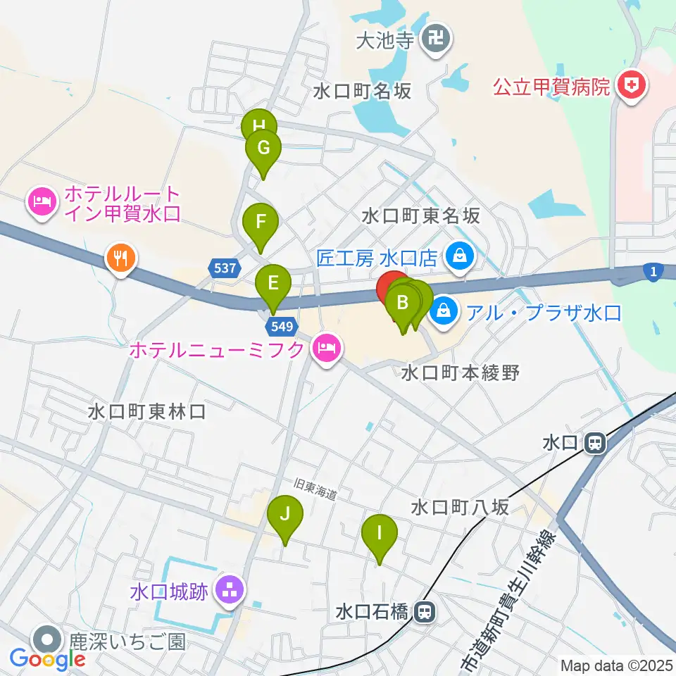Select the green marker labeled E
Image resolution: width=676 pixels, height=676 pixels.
[x=273, y=284]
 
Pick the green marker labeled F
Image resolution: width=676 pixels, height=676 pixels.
[x=261, y=223]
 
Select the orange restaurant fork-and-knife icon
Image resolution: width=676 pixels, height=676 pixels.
[x=120, y=258]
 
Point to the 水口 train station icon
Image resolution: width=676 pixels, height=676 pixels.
[x=595, y=443]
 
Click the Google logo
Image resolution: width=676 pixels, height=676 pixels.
[x=48, y=659]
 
